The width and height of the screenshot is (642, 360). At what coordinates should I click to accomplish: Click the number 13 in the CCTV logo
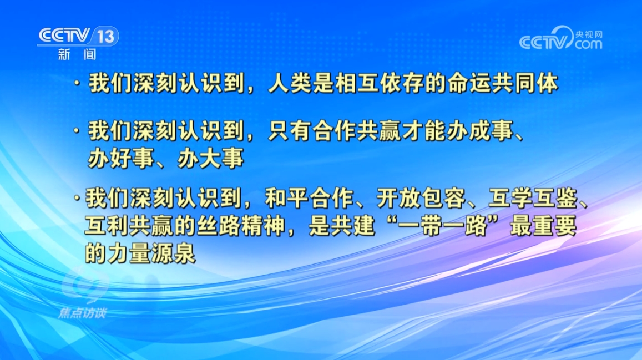point(105,37)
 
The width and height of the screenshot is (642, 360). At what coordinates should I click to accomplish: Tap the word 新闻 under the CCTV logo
point(77,54)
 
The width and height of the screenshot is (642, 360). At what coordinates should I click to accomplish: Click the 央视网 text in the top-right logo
point(588,34)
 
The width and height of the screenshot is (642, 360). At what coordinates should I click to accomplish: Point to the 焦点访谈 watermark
point(82,313)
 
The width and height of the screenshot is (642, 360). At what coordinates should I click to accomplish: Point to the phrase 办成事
point(480,131)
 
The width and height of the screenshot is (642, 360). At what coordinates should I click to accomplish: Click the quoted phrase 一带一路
point(443,226)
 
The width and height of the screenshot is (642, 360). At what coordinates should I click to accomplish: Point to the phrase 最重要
point(543,226)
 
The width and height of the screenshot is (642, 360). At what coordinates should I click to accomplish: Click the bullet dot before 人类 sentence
point(77,83)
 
